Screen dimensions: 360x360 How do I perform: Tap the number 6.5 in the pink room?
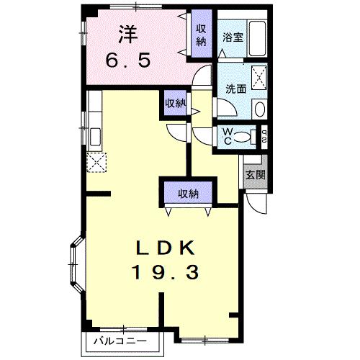tap(130, 60)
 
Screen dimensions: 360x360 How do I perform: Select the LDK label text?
tap(166, 247)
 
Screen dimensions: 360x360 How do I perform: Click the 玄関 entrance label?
tap(254, 175)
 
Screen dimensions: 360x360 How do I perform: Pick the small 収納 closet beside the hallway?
tap(175, 104)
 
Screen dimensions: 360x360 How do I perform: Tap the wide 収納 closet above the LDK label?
tap(189, 192)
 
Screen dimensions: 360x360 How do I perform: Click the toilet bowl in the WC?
tap(243, 136)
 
